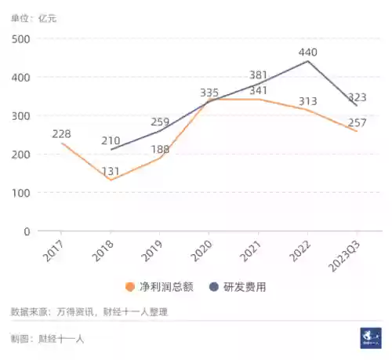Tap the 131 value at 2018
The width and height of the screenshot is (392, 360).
(x=111, y=173)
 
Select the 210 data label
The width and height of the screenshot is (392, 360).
(x=111, y=140)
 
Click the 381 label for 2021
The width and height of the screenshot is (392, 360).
(x=259, y=75)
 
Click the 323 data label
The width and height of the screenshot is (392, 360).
(x=357, y=96)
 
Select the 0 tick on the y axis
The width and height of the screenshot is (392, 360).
(x=26, y=231)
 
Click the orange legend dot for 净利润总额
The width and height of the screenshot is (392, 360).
(x=130, y=287)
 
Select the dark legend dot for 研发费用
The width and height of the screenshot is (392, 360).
(x=213, y=287)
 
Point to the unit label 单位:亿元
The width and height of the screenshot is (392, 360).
(x=33, y=16)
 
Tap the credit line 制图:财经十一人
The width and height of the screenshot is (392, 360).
(x=47, y=339)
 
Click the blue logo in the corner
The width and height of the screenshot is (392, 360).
(x=370, y=337)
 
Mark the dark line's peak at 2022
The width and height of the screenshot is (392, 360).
(x=307, y=61)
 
